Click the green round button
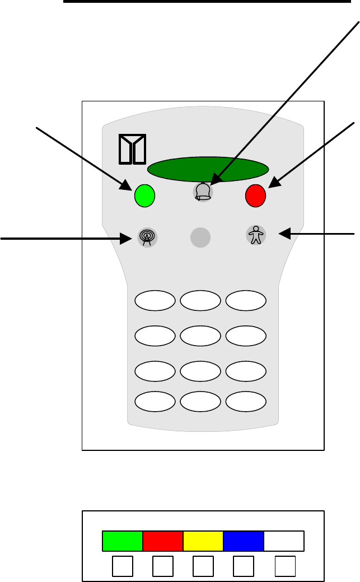pos(144,196)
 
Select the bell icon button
pos(203,192)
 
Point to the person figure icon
pos(256,235)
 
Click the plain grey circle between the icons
pos(200,238)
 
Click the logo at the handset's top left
pos(133,150)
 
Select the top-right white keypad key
pos(246,301)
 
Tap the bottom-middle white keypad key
pos(200,401)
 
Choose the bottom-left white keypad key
pos(155,401)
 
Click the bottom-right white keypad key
pos(246,401)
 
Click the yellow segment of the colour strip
pos(203,541)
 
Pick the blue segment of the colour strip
pos(243,541)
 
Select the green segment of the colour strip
pos(123,541)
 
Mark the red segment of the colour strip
pos(163,541)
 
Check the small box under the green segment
pos(122,567)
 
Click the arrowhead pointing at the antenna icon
pos(127,239)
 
